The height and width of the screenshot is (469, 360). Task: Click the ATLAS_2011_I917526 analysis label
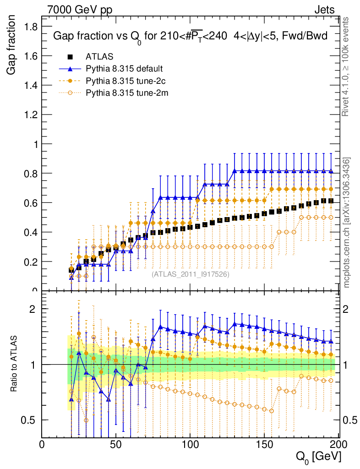191,274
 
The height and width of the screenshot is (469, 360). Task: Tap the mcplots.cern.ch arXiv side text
347,223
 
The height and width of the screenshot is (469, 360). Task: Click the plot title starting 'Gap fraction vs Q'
190,37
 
